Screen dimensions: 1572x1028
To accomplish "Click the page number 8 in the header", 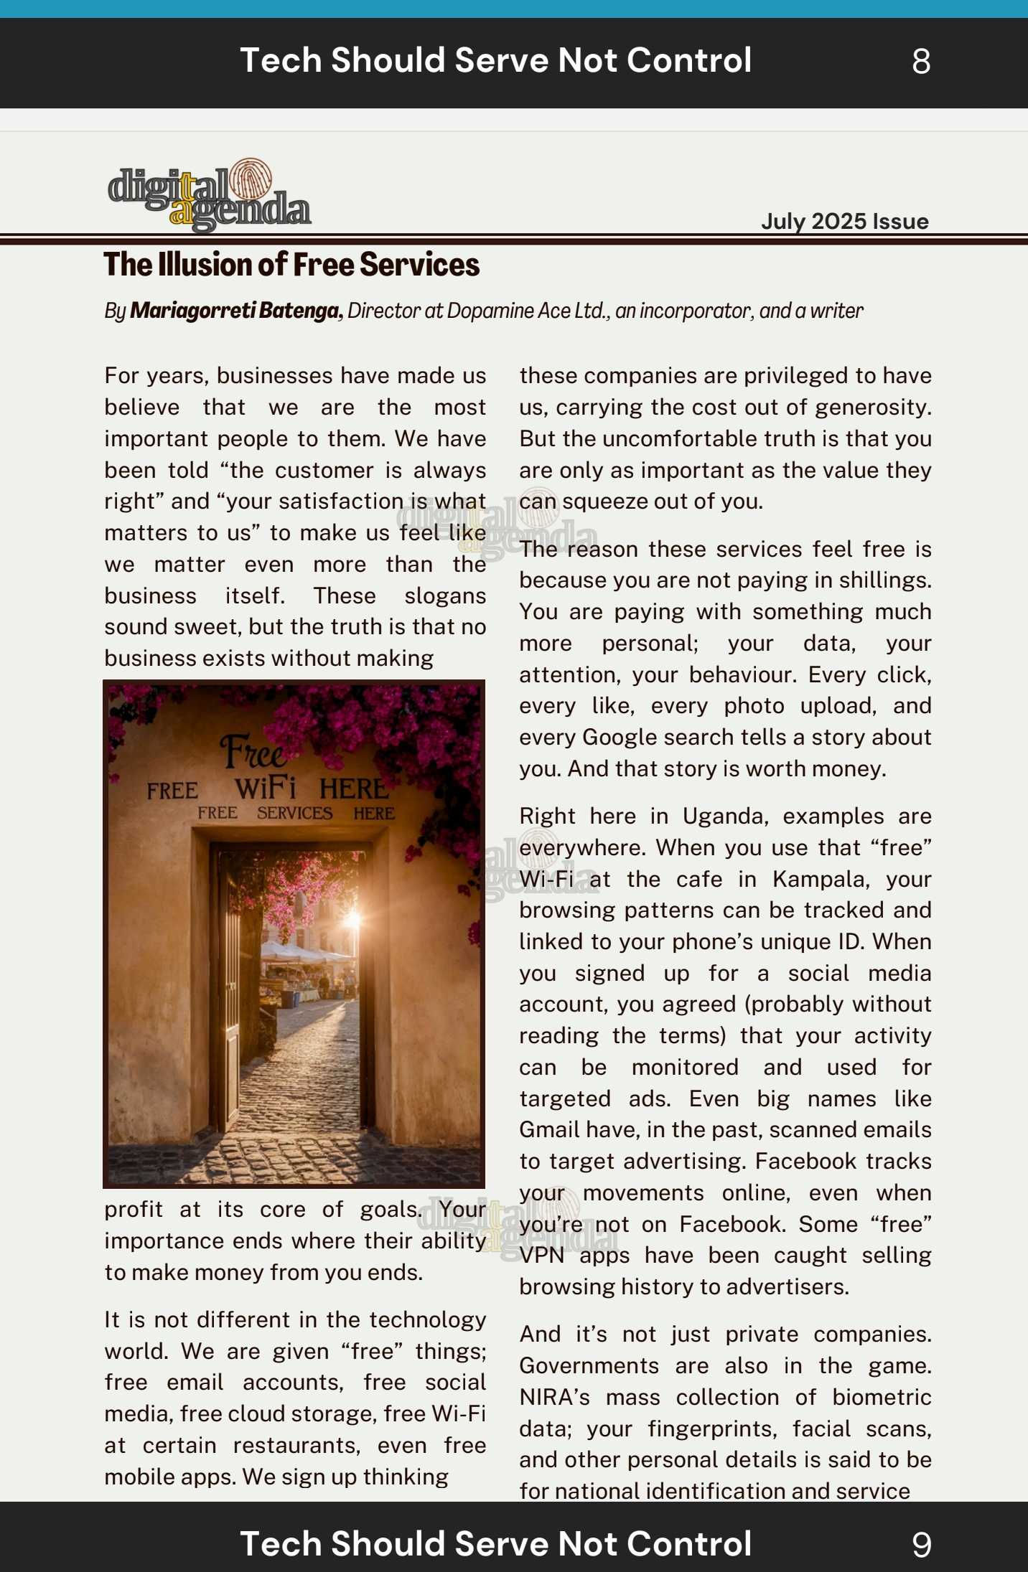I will (x=921, y=62).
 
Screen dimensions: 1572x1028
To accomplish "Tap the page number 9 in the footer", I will (x=921, y=1545).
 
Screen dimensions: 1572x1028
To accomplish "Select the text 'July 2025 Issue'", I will (x=844, y=221).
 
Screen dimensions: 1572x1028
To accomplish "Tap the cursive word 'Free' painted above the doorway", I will (x=253, y=753).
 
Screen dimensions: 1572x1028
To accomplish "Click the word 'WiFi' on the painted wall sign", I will (x=265, y=789).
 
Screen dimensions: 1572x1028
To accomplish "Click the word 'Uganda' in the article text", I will (x=723, y=816).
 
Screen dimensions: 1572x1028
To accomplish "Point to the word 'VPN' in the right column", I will (x=541, y=1256).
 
